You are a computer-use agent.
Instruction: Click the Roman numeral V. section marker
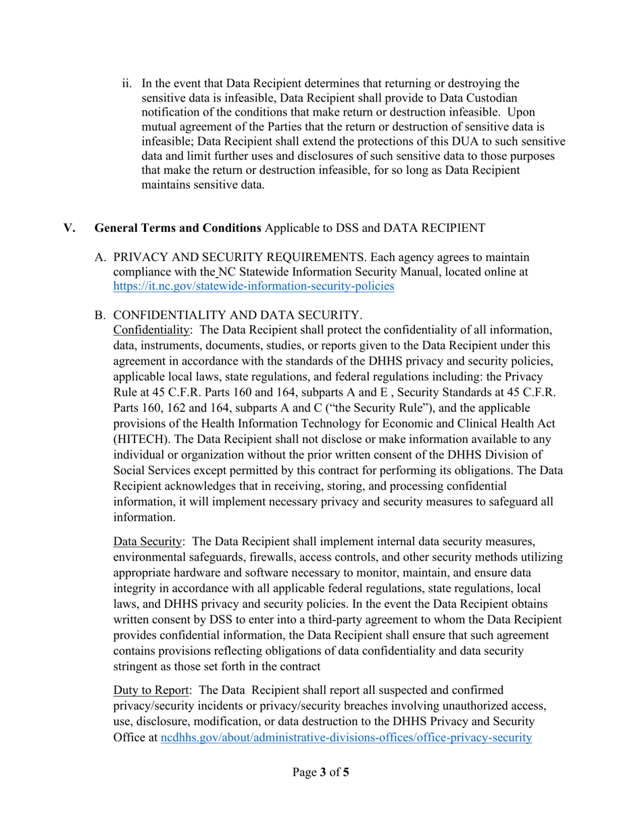point(70,229)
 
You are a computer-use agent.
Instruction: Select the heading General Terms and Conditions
point(178,229)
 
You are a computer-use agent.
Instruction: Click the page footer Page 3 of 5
point(320,772)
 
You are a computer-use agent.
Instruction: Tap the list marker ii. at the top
point(127,84)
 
